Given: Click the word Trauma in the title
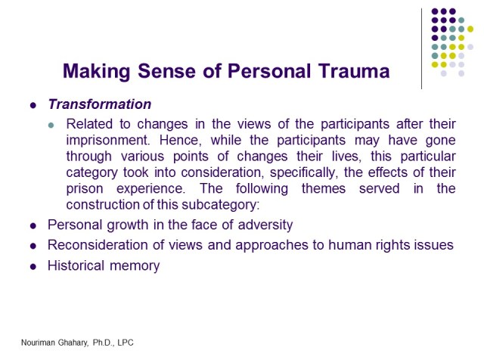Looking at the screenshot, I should [354, 72].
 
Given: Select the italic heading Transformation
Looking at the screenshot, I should [100, 104].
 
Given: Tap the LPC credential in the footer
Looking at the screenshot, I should [123, 343].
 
